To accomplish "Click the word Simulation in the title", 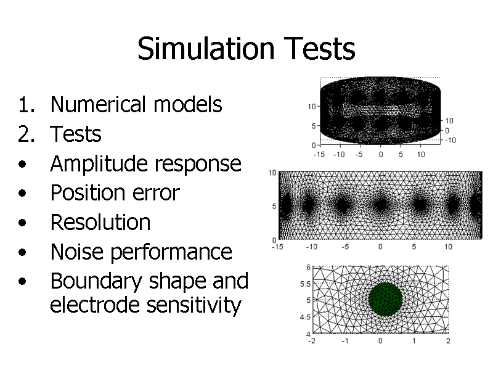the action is (206, 49).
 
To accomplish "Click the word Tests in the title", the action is (320, 49).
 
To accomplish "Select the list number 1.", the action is (26, 104).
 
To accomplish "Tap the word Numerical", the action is (98, 104).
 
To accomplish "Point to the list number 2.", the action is (26, 134).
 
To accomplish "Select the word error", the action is (156, 193).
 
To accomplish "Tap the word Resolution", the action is (100, 222).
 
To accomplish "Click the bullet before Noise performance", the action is (22, 252).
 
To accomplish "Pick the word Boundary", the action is (96, 281).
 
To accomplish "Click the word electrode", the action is (94, 305).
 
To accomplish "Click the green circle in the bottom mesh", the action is (386, 299).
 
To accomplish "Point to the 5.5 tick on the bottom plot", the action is (305, 284).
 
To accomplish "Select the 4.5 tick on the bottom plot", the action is (305, 317).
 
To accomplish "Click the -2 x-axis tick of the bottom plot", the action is (312, 341).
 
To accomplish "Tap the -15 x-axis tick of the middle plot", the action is (277, 247).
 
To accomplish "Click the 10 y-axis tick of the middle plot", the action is (272, 173).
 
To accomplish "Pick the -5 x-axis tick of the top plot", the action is (359, 155).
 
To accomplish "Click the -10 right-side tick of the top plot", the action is (450, 141).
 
